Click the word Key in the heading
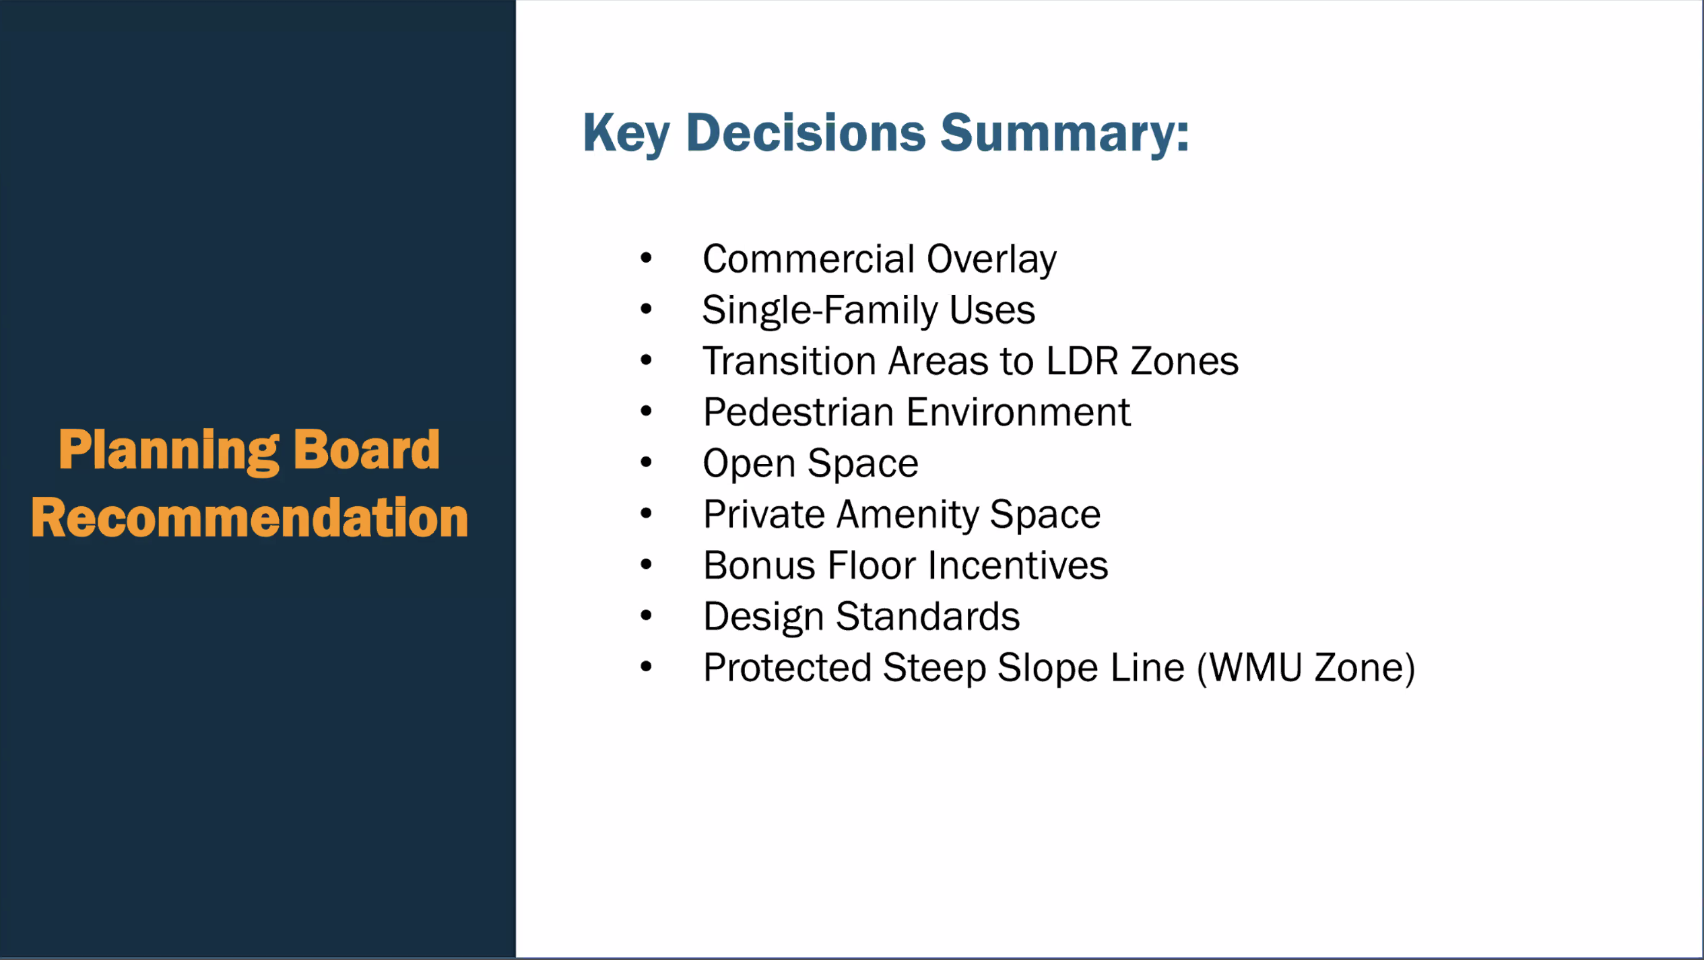pos(626,134)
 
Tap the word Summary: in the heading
pos(1065,134)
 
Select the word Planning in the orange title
pos(168,451)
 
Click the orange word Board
pos(367,449)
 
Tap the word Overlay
pos(991,260)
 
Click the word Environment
pos(1018,412)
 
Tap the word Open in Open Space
pos(749,465)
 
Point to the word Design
pos(763,617)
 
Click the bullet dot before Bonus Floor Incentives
pos(646,565)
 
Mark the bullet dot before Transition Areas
pos(646,360)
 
